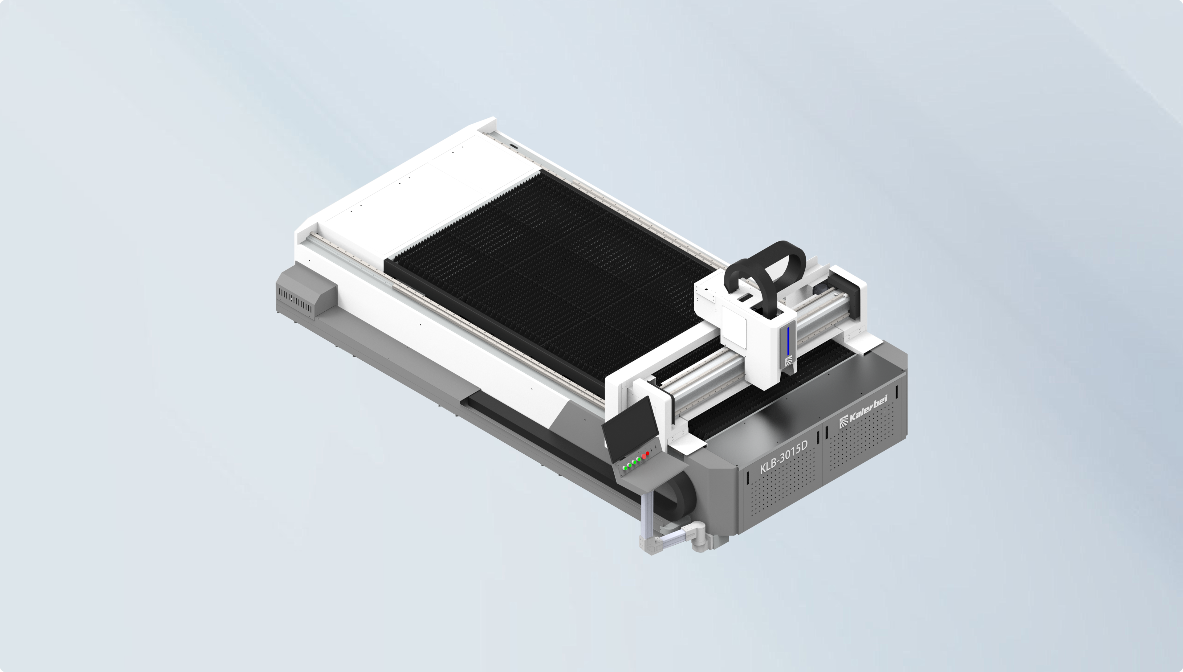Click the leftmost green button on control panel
pyautogui.click(x=624, y=468)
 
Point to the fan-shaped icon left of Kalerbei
pyautogui.click(x=843, y=421)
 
